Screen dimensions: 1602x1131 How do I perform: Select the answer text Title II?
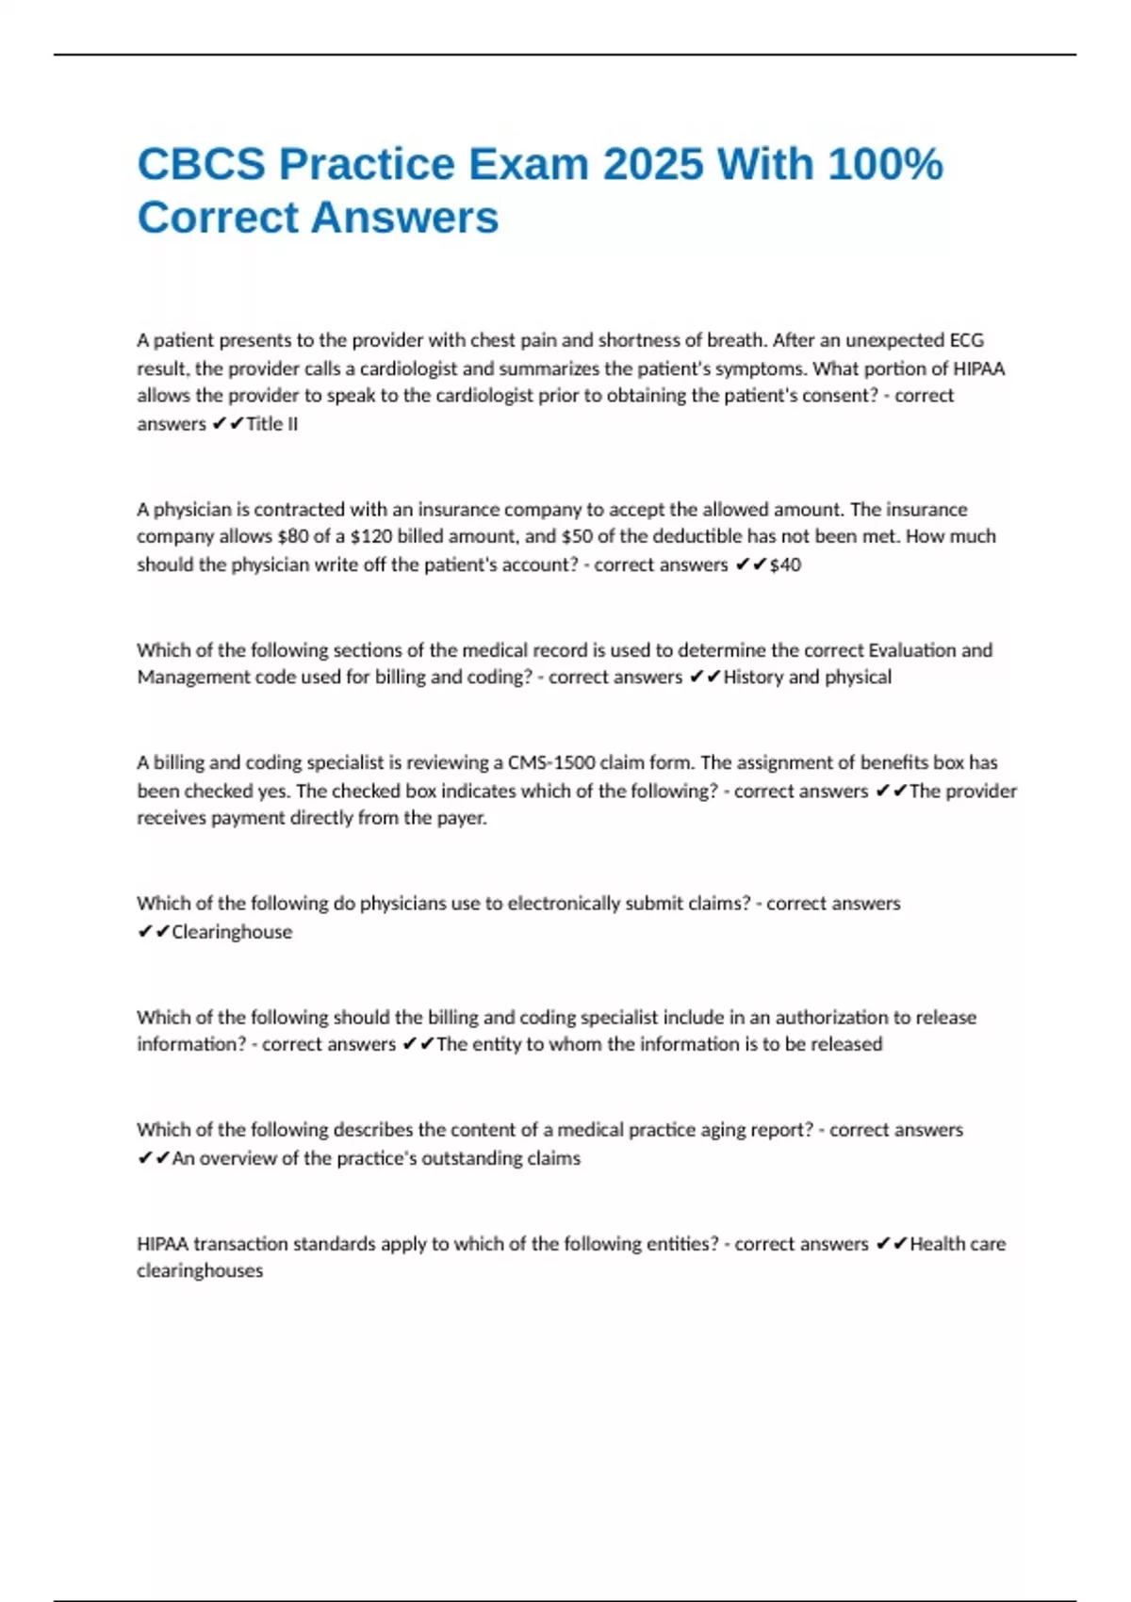pyautogui.click(x=271, y=424)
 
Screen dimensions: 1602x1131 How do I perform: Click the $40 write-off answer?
pyautogui.click(x=785, y=564)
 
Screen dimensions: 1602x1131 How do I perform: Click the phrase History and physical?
pyautogui.click(x=807, y=677)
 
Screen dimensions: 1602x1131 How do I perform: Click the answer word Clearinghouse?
pyautogui.click(x=232, y=932)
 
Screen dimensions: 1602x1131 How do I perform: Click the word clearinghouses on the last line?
pyautogui.click(x=200, y=1271)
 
